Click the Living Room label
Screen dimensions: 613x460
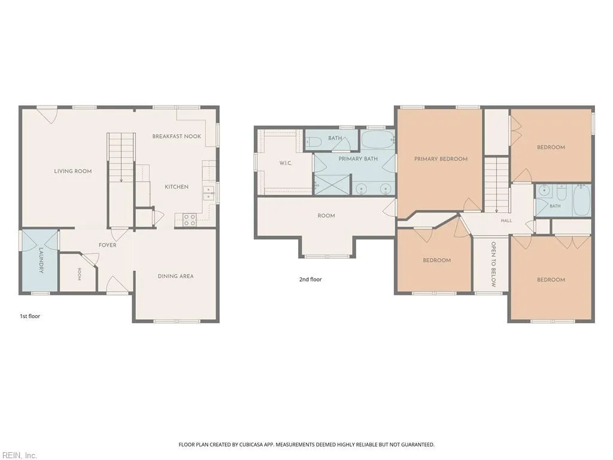(x=73, y=171)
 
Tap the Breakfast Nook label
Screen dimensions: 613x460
(x=177, y=136)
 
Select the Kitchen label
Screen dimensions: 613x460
(x=177, y=187)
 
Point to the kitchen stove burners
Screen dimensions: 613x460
(x=190, y=220)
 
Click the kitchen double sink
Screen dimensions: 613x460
(x=208, y=193)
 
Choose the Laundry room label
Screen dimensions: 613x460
(x=41, y=261)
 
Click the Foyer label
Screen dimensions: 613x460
(x=108, y=245)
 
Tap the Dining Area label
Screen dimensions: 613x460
(x=176, y=276)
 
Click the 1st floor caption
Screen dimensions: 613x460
(x=30, y=316)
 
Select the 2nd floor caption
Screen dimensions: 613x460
(x=311, y=279)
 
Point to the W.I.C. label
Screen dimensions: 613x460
(x=286, y=163)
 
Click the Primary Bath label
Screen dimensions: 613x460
(x=358, y=158)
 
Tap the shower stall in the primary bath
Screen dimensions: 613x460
(x=332, y=185)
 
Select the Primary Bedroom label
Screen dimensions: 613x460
(x=441, y=159)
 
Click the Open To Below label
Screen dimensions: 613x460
(x=493, y=264)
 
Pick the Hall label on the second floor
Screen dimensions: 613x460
(x=506, y=220)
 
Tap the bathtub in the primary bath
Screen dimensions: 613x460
(x=378, y=140)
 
